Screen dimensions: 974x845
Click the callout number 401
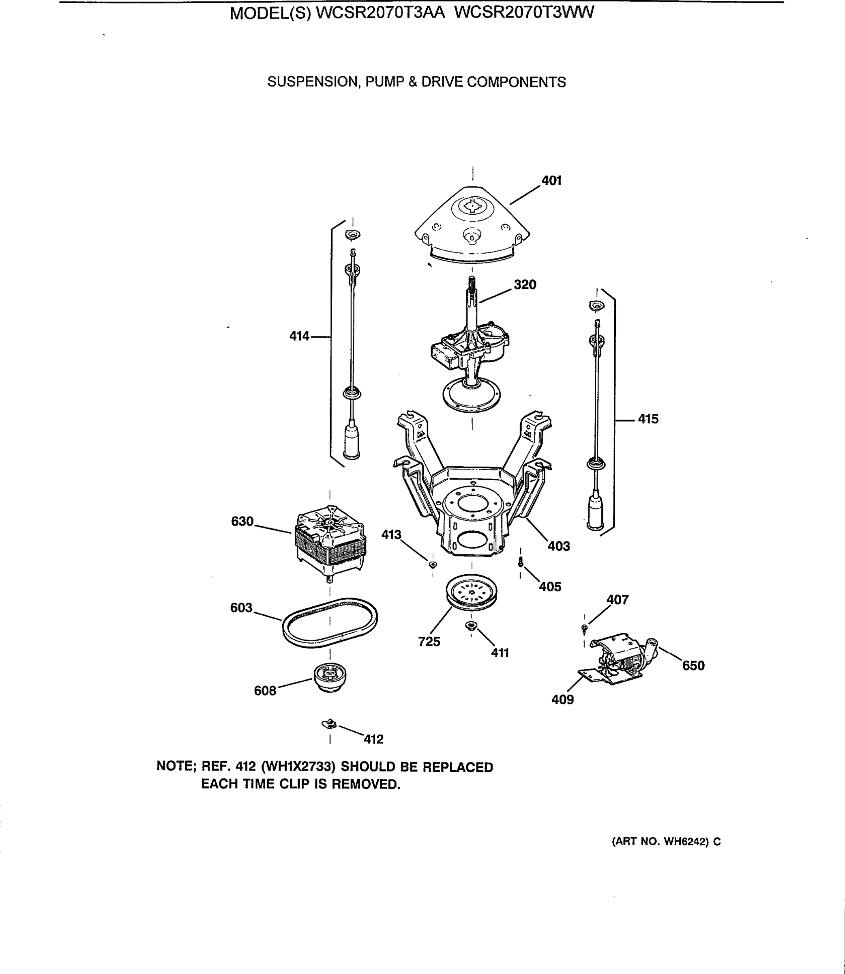pos(551,181)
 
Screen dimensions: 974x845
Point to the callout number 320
pos(524,284)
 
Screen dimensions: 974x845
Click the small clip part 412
pos(329,723)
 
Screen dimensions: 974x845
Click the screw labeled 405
pos(520,562)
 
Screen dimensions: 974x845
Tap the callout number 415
pos(648,419)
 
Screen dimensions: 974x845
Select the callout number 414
pos(299,336)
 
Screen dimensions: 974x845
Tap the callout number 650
pos(693,666)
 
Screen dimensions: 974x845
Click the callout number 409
pos(562,700)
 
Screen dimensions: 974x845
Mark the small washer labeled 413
pos(432,564)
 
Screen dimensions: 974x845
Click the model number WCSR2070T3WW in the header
pos(523,13)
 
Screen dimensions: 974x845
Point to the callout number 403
pos(558,546)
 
